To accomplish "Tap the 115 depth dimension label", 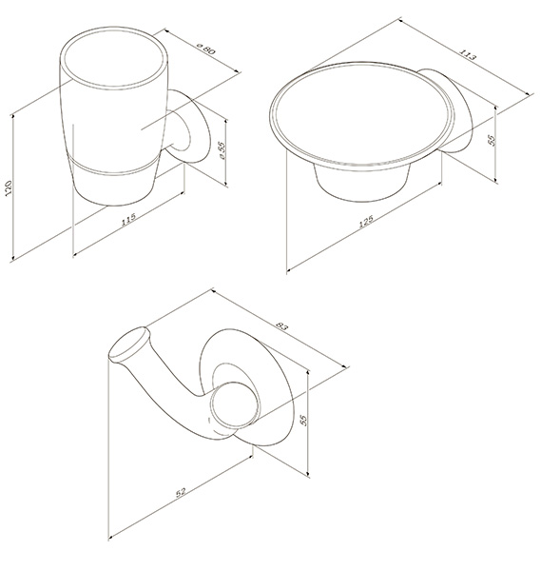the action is [128, 219].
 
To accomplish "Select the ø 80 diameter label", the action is [206, 49].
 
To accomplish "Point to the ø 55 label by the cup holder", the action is [222, 150].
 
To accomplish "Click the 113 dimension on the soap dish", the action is [467, 54].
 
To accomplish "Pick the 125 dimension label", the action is [366, 222].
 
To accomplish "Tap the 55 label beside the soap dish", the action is [492, 140].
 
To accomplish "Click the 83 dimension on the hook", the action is [282, 325].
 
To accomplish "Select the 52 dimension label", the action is [181, 492].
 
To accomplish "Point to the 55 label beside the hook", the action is [304, 421].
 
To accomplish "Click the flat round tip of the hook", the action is [128, 345].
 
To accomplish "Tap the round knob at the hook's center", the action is [236, 404].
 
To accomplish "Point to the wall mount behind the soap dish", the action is [446, 109].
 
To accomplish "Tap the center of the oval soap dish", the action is [363, 113].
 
